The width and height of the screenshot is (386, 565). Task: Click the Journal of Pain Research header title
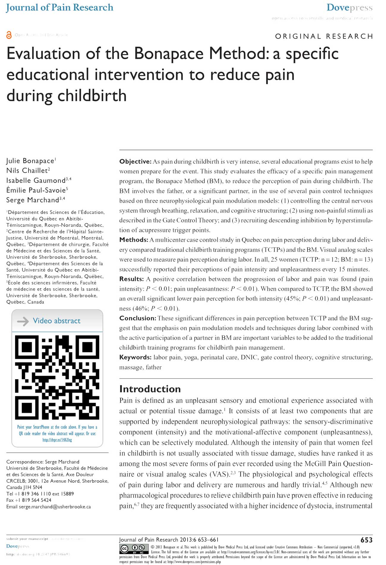pyautogui.click(x=59, y=7)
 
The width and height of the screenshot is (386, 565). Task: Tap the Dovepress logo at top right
pyautogui.click(x=349, y=7)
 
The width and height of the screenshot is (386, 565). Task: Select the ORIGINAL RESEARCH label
pyautogui.click(x=324, y=36)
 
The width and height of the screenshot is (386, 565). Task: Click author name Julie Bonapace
pyautogui.click(x=30, y=161)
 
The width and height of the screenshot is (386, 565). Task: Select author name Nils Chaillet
pyautogui.click(x=27, y=171)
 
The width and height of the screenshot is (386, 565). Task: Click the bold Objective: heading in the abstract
pyautogui.click(x=136, y=161)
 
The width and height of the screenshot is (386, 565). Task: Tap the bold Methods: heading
pyautogui.click(x=134, y=240)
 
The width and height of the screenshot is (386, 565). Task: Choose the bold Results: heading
pyautogui.click(x=132, y=279)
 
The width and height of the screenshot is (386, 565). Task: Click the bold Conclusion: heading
pyautogui.click(x=138, y=318)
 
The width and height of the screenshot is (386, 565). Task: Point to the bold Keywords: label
pyautogui.click(x=135, y=357)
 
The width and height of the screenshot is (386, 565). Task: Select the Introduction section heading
pyautogui.click(x=150, y=389)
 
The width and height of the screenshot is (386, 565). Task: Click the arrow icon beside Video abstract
pyautogui.click(x=23, y=321)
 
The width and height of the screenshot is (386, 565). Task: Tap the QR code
pyautogui.click(x=57, y=377)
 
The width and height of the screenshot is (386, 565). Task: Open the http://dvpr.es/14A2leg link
pyautogui.click(x=57, y=440)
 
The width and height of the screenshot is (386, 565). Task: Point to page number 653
pyautogui.click(x=366, y=540)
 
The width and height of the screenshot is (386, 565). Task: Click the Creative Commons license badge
pyautogui.click(x=134, y=549)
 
